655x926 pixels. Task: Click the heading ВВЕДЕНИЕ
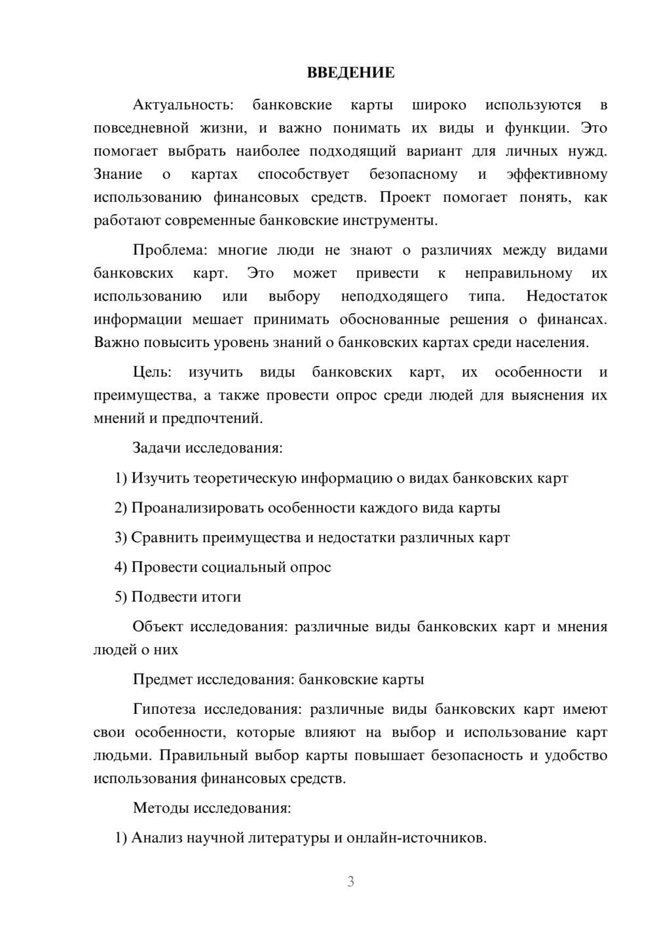click(350, 73)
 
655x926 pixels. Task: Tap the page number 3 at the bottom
click(350, 881)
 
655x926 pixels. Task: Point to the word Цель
click(152, 373)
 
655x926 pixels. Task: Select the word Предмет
click(162, 679)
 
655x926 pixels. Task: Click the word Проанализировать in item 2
click(198, 508)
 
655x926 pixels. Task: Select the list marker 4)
click(121, 567)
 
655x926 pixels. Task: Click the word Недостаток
click(567, 297)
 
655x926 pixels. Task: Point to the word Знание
click(118, 175)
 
